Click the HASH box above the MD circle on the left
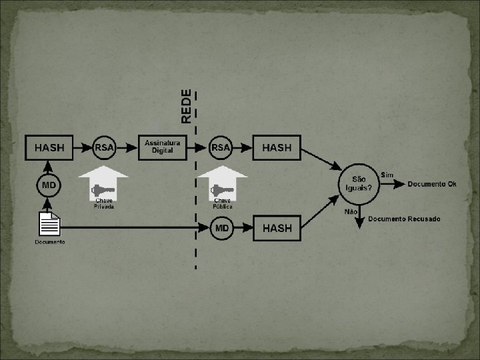49,148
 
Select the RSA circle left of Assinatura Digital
104,148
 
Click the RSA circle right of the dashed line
221,148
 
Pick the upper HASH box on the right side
277,148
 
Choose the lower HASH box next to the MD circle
277,228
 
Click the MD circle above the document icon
49,184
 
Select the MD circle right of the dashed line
223,228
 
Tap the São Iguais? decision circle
359,183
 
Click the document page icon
49,224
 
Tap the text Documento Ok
432,184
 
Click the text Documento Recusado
404,219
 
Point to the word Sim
387,175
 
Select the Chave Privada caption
103,204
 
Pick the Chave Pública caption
222,204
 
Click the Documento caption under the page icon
50,242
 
